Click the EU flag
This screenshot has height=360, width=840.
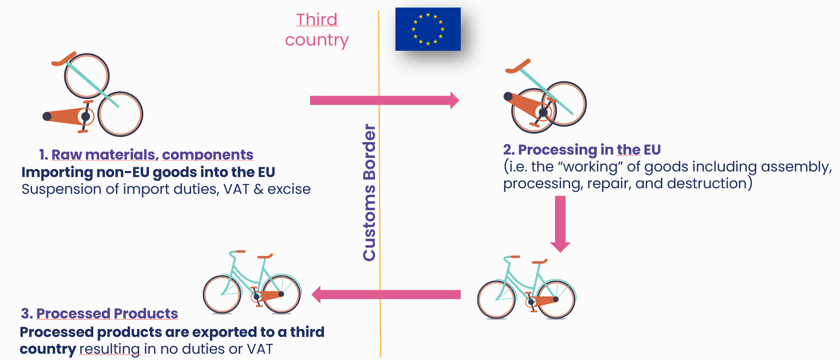pos(428,29)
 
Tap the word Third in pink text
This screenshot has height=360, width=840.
pos(317,20)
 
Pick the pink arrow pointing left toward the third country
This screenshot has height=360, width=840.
pos(386,294)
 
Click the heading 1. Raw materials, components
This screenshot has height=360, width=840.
pos(146,155)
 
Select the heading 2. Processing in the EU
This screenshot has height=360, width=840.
pos(582,150)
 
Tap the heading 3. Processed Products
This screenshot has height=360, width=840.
pos(99,314)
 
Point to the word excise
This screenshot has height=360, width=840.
pos(289,189)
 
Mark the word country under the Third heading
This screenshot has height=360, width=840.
pos(317,40)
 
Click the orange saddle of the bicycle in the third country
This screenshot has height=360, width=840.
pos(265,256)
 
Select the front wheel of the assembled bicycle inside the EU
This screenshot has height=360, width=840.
pos(496,299)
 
